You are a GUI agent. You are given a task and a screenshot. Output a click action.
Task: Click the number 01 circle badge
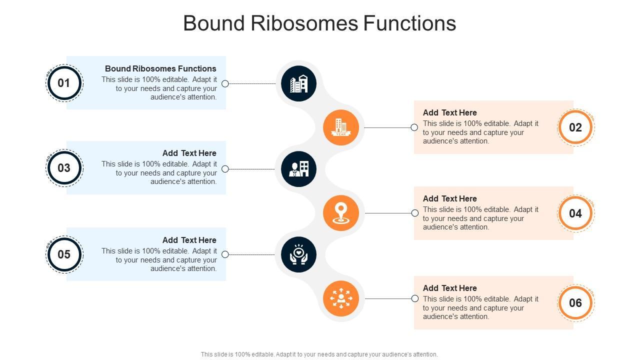pos(64,83)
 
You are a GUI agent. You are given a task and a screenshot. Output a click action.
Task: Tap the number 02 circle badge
pos(575,127)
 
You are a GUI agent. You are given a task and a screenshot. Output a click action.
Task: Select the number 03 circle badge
pos(64,168)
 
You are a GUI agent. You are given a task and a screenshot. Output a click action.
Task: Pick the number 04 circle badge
pos(575,213)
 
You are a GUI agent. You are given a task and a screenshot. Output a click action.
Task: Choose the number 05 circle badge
pos(64,254)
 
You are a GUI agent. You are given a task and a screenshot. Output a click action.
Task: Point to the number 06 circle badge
pos(575,303)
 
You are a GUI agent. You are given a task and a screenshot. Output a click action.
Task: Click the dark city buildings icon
pos(298,83)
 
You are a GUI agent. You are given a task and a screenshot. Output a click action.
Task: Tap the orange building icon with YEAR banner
pos(341,127)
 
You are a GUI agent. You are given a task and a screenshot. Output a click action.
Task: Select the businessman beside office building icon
pos(298,169)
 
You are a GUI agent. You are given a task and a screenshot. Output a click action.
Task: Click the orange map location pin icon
pos(341,213)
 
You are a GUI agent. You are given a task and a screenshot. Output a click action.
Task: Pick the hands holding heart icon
pos(298,254)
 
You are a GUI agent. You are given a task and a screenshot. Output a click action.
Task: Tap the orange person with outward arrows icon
pos(341,298)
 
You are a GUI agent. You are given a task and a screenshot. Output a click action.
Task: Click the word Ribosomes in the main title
pos(304,23)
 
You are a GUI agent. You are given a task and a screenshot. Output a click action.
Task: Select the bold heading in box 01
pos(160,68)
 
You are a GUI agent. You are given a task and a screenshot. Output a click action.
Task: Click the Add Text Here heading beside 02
pos(449,112)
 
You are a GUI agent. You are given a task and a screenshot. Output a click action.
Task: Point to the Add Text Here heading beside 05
pos(189,240)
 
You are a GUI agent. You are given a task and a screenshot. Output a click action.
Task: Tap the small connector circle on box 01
pos(225,83)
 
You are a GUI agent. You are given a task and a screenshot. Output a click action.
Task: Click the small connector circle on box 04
pos(415,213)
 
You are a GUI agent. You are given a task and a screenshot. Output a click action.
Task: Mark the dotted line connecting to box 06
pos(388,298)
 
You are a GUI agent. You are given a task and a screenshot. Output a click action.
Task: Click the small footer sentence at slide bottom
pos(319,354)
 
